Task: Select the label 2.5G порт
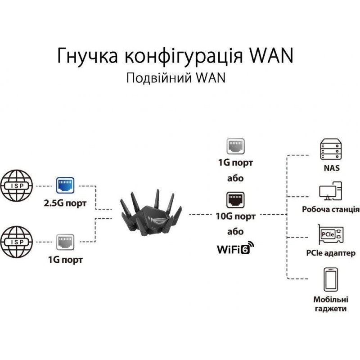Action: (x=66, y=203)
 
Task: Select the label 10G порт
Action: (x=235, y=216)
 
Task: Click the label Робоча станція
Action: (x=331, y=209)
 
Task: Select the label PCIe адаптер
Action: (x=331, y=253)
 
